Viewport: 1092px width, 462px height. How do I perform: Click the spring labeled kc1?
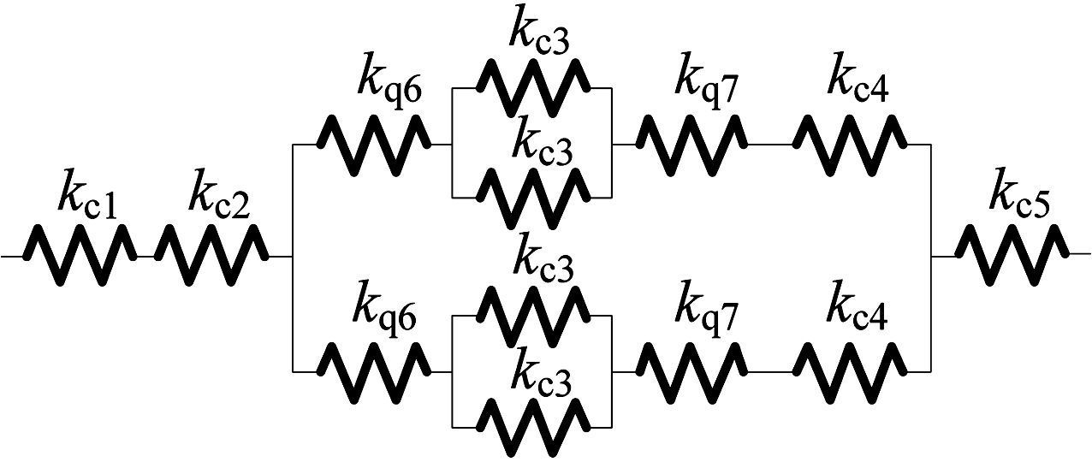(80, 255)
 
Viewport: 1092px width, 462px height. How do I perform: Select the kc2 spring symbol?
(211, 255)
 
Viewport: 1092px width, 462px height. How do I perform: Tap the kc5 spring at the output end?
(1012, 254)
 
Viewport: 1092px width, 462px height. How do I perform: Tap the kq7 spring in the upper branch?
(691, 145)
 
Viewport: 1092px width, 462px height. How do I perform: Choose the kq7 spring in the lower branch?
(691, 371)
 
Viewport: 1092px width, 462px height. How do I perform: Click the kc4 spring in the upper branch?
(850, 145)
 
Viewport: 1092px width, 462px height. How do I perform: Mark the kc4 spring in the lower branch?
(850, 371)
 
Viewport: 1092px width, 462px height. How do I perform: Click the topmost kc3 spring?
(533, 87)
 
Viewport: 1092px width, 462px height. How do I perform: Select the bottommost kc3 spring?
(533, 426)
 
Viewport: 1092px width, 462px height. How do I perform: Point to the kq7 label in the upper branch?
(705, 81)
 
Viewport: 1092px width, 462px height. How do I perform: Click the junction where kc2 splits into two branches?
(293, 255)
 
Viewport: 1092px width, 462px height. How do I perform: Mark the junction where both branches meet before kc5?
(931, 255)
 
